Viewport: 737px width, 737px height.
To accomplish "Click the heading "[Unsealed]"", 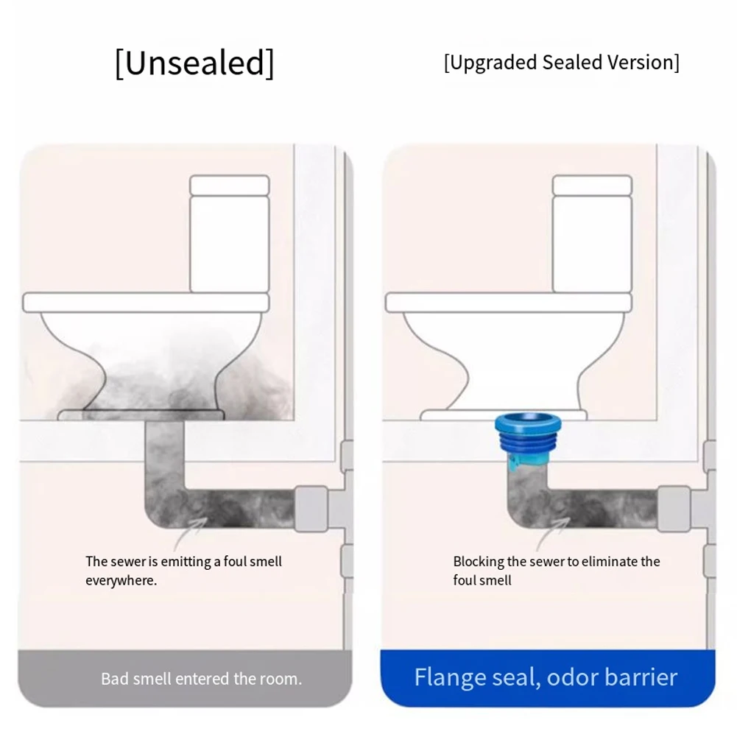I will click(194, 63).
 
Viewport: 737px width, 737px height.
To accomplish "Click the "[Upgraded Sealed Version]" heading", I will click(561, 63).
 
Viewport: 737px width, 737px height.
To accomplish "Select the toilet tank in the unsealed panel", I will click(229, 234).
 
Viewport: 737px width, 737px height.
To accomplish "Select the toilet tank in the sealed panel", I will click(592, 234).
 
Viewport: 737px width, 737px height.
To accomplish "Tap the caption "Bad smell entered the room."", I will click(202, 678).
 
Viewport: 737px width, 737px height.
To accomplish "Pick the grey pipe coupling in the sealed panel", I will click(673, 508).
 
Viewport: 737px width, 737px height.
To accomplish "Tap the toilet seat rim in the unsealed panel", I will click(145, 302).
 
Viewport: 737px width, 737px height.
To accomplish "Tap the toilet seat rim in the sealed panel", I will click(508, 302).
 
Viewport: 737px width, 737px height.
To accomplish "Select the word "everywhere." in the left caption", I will click(121, 580).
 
